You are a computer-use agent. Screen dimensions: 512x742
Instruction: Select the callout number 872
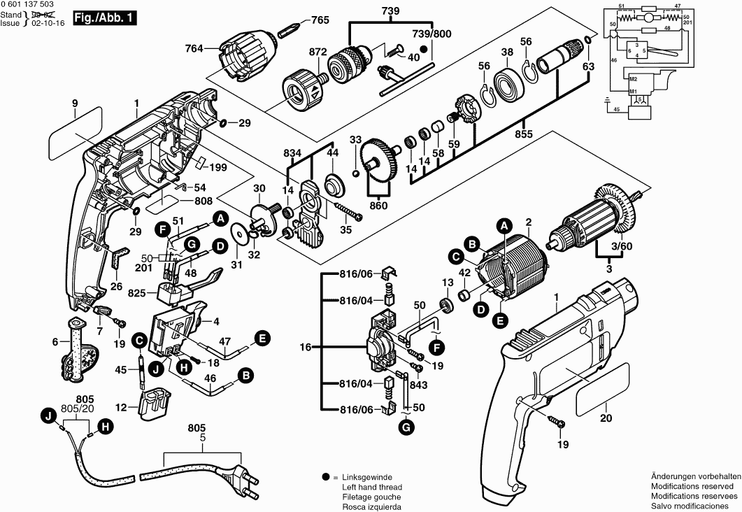318,52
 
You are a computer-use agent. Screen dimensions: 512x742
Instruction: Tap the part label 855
523,133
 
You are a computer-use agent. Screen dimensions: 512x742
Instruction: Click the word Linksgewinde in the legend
364,476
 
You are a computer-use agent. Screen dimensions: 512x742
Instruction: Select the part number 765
320,20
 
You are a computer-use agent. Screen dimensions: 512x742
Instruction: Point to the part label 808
204,201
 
